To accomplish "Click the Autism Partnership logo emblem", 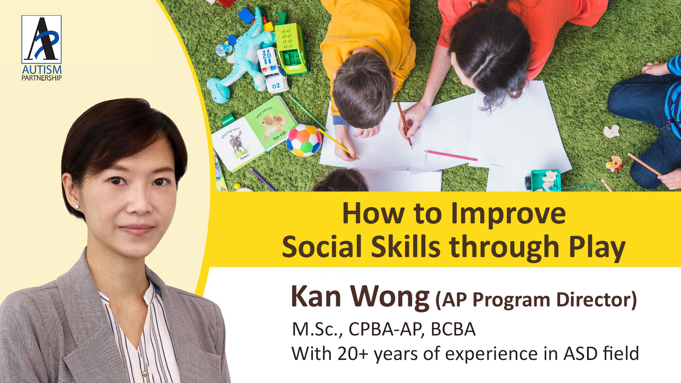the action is point(41,39).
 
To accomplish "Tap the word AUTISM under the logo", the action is point(41,70).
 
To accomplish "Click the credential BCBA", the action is point(453,329).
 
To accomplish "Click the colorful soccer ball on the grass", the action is point(304,140).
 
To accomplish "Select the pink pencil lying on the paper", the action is point(451,156).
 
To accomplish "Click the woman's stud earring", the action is point(76,206).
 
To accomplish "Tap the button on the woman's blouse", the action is point(144,373).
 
